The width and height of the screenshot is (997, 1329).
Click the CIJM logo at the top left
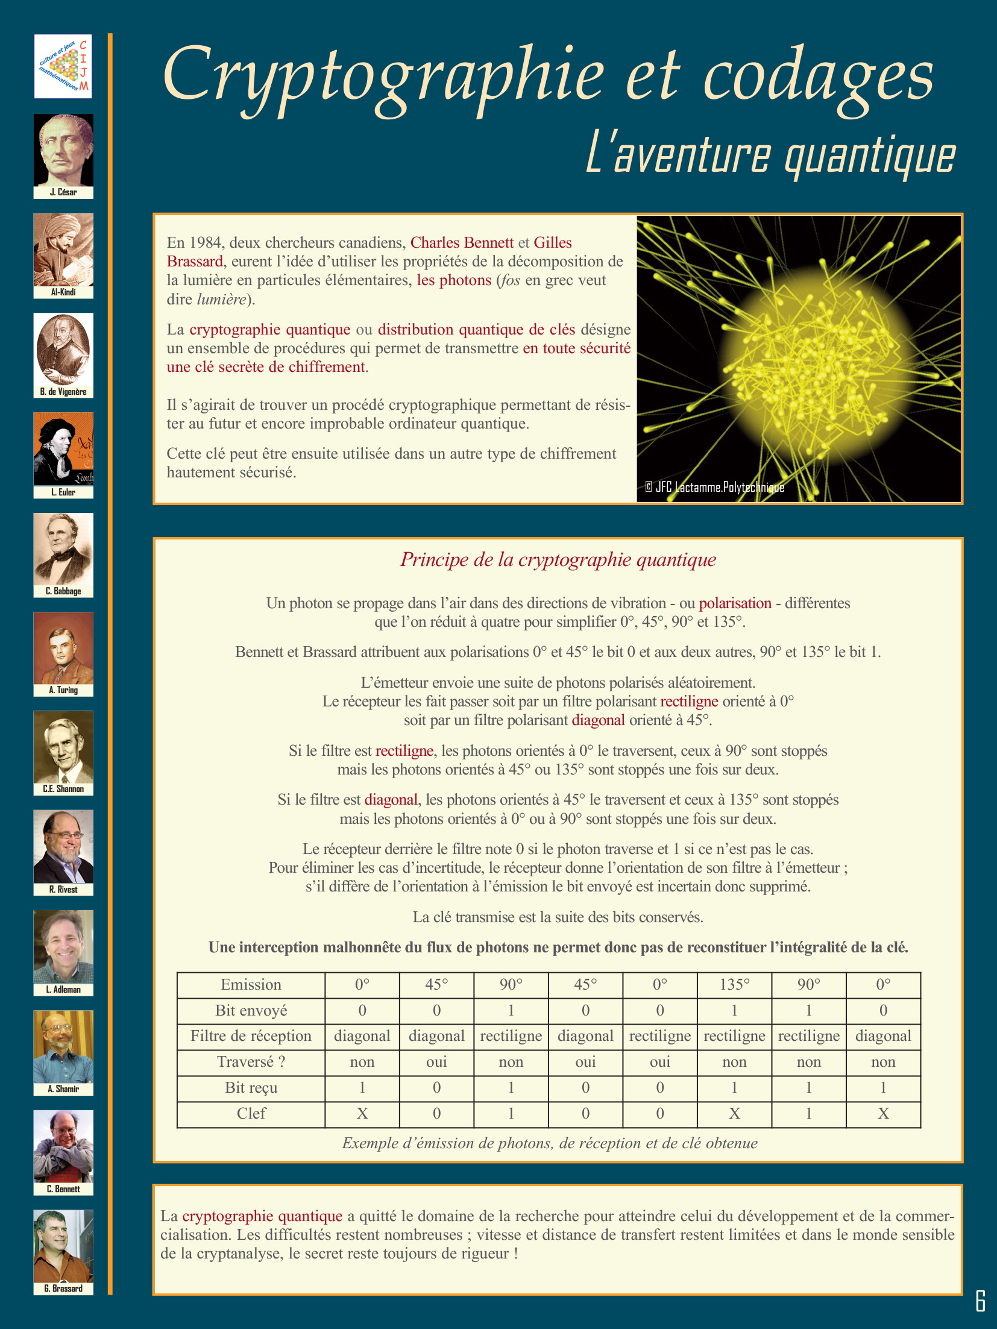63,66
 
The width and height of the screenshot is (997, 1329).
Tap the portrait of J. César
63,150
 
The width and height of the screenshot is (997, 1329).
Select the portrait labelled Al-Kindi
63,250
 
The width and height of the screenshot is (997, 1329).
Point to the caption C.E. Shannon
63,789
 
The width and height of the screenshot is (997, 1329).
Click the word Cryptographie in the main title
383,75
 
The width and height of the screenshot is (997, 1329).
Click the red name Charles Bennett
462,242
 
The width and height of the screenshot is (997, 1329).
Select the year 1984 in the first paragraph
205,242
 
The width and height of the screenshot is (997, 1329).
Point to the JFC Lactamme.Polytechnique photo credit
714,487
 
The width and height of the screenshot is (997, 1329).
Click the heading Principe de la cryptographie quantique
558,559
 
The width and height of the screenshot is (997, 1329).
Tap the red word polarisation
735,603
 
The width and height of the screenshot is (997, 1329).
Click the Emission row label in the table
251,984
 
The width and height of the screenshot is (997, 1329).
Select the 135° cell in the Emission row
734,984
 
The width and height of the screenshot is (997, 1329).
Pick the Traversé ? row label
251,1061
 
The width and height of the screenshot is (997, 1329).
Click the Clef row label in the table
251,1113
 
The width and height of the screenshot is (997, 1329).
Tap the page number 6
980,1301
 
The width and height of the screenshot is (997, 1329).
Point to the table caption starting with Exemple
549,1143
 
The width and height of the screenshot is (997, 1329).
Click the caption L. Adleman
63,990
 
